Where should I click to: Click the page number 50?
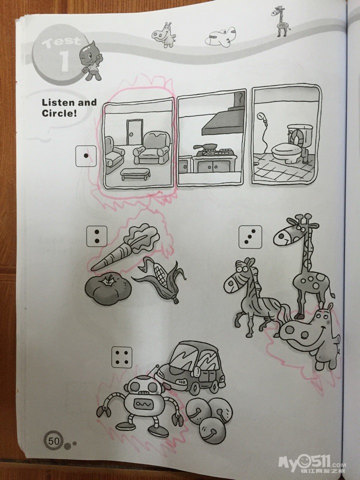tap(53, 441)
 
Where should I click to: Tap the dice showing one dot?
tap(86, 156)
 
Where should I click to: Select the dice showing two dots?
tap(96, 236)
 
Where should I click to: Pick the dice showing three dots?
tap(250, 236)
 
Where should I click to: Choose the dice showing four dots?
tap(122, 357)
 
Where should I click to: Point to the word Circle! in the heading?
tap(59, 113)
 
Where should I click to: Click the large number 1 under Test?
tap(64, 61)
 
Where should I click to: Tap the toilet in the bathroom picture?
tap(291, 144)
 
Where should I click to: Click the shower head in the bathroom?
tap(261, 117)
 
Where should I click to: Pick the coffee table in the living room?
tap(135, 174)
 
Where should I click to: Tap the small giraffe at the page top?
tap(280, 21)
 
